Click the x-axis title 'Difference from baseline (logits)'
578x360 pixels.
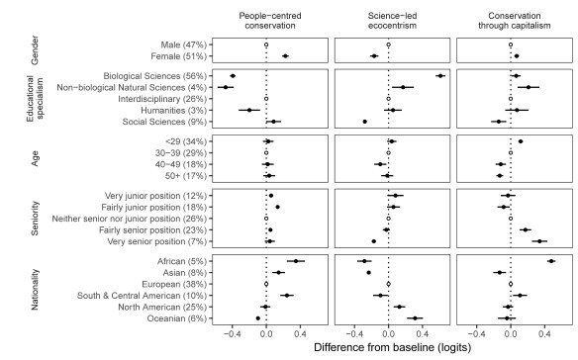tap(388, 348)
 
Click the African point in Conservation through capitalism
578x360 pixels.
tap(551, 261)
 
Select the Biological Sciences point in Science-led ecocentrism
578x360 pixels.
tap(440, 76)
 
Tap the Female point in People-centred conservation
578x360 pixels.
tap(285, 56)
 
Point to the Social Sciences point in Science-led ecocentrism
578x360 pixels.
tap(365, 122)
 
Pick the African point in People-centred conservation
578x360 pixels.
tap(296, 261)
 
